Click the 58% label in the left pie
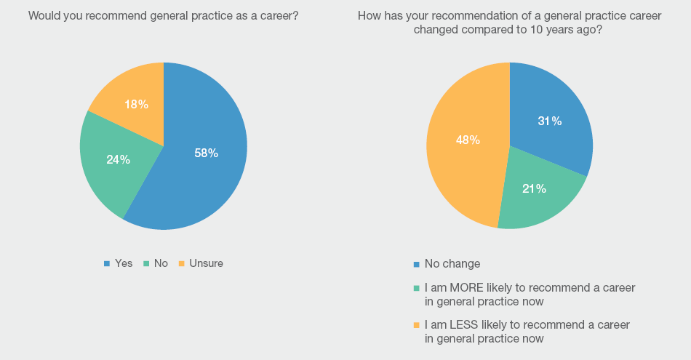pos(206,153)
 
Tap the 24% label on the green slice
pos(118,159)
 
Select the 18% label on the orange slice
pos(136,104)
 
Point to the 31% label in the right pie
pos(549,121)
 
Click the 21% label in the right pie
pos(534,188)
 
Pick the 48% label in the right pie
pos(468,140)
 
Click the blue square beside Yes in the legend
pos(107,263)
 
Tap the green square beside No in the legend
pos(146,263)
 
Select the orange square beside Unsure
pos(182,263)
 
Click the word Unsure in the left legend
pos(206,263)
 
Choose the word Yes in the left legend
pos(124,263)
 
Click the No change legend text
pos(452,263)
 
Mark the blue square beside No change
pos(416,263)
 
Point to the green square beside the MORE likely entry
pos(416,287)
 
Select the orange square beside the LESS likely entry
pos(416,324)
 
